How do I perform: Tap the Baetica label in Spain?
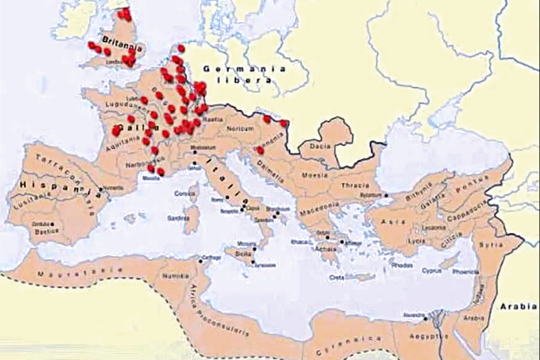pos(47,231)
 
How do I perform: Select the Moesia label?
pos(314,175)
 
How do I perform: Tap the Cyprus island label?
pos(431,272)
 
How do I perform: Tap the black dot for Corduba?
pos(53,224)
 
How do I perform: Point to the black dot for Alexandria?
pos(426,319)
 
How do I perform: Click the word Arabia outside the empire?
pos(516,306)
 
